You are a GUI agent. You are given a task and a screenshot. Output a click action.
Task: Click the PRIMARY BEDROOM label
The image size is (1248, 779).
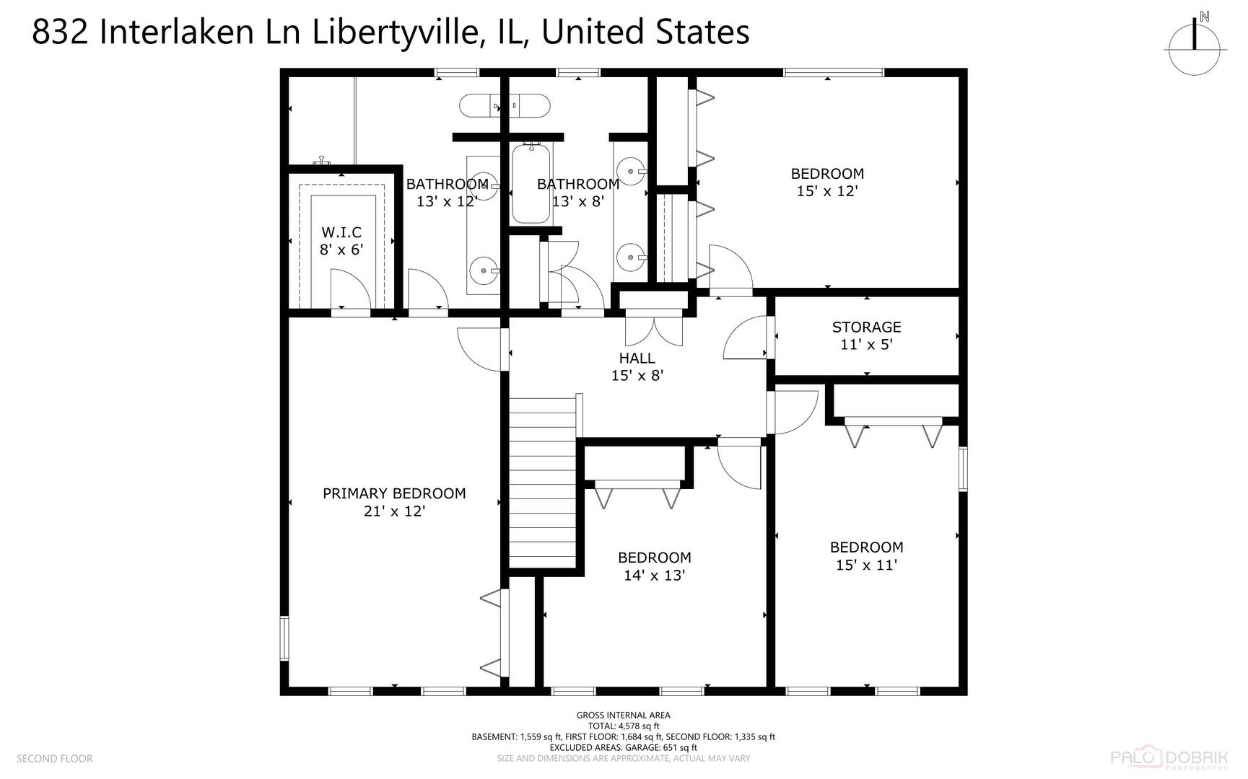tap(394, 493)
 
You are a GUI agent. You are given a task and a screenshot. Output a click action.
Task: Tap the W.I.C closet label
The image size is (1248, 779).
tap(341, 232)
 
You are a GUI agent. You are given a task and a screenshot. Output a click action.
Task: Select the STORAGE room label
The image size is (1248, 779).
tap(866, 327)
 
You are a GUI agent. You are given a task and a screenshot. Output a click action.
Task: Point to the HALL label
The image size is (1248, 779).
tap(637, 358)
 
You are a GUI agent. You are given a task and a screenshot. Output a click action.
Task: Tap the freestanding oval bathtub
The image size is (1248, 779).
tap(505, 105)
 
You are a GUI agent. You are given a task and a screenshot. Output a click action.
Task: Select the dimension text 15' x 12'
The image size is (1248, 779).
tap(827, 191)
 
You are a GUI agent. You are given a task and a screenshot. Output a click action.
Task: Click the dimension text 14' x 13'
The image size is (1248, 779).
tap(654, 576)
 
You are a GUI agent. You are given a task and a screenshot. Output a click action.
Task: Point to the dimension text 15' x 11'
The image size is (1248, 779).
tap(866, 565)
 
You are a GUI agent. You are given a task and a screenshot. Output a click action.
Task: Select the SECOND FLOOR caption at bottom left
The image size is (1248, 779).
tap(55, 759)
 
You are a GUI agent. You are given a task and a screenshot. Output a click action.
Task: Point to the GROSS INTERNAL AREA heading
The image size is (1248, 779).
tap(624, 716)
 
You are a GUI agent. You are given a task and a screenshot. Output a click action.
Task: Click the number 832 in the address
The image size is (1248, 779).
tap(61, 32)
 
